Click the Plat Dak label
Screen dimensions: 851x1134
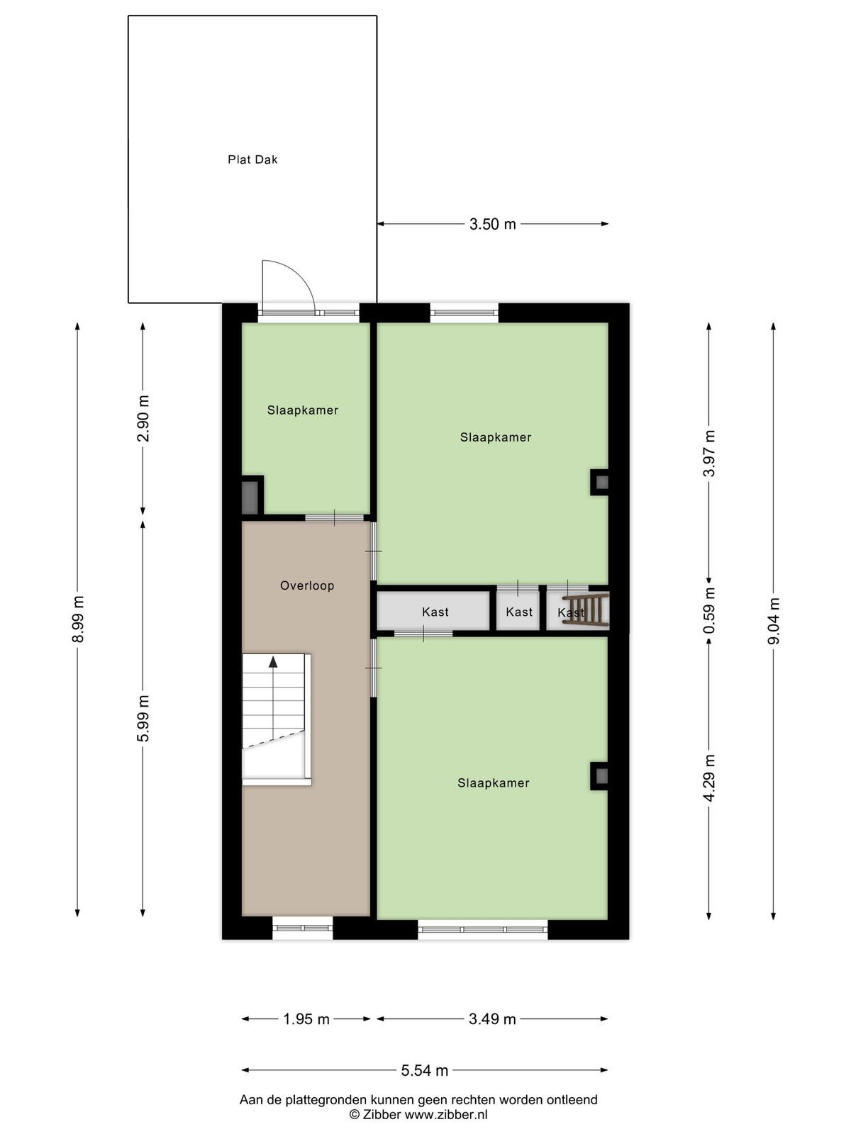[252, 159]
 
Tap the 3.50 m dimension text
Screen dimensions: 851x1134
[492, 224]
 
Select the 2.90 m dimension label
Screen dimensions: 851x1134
[143, 418]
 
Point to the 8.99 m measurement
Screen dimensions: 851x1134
[78, 619]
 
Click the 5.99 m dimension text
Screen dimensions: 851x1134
[143, 719]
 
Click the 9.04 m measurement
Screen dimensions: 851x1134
[774, 621]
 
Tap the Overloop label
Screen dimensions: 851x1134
[307, 586]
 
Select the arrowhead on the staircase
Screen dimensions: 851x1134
[273, 662]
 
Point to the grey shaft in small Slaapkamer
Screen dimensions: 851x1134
[250, 497]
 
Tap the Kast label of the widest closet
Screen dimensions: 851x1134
[435, 612]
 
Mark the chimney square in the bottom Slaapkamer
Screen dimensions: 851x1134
[601, 776]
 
